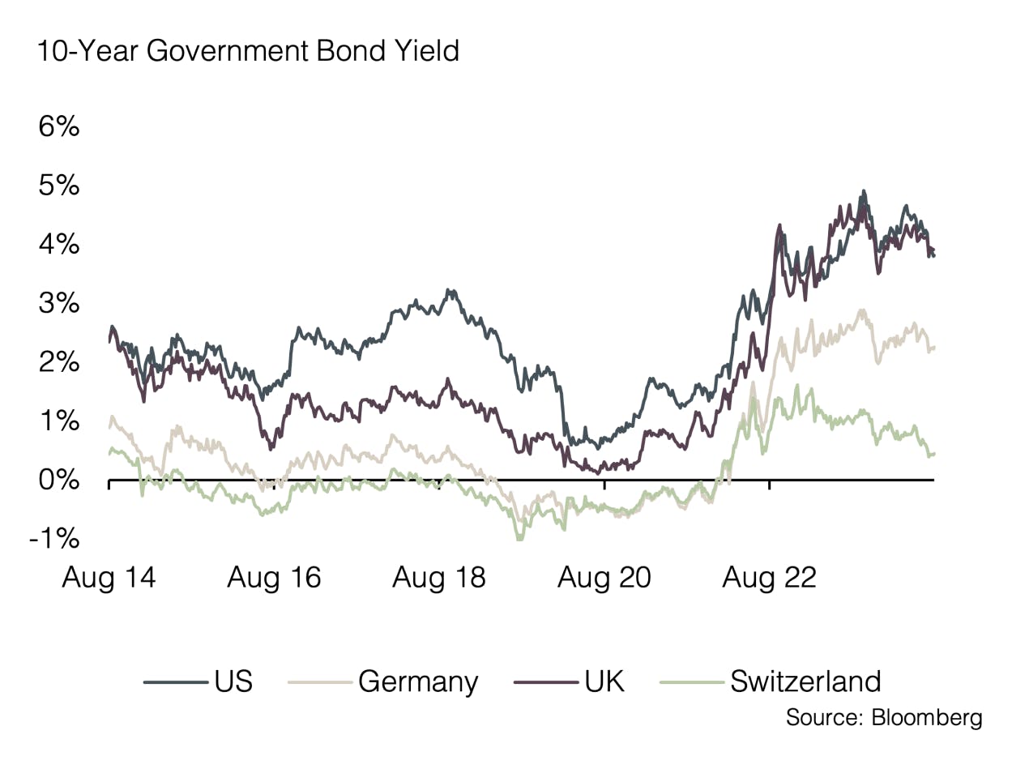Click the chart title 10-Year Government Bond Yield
point(248,51)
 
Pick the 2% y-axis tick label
point(58,362)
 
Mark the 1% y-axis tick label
point(58,421)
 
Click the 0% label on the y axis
point(58,481)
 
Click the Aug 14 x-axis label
point(109,578)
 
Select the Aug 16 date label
point(274,578)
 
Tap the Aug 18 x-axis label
point(439,578)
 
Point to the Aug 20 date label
point(604,578)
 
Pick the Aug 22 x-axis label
point(770,578)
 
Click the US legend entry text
point(234,681)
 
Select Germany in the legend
point(418,681)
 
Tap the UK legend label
point(604,681)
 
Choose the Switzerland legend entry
point(805,681)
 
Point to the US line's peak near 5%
point(864,192)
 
